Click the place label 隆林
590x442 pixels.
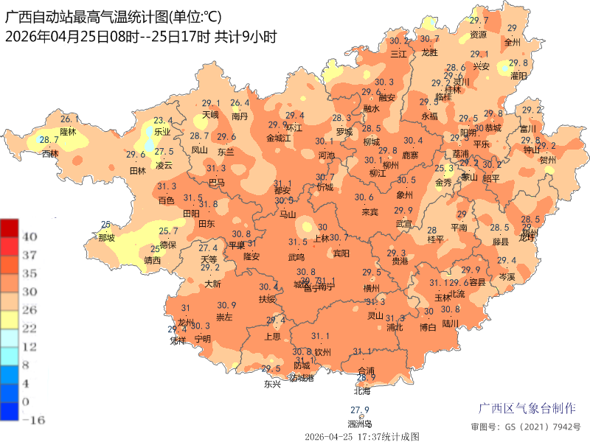[68, 131]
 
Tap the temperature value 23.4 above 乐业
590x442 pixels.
[163, 121]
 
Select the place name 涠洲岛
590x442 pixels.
[359, 424]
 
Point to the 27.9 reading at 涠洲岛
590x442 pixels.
[359, 410]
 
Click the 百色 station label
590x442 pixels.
[167, 200]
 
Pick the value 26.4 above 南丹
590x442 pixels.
[240, 103]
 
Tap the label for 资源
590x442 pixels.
[479, 34]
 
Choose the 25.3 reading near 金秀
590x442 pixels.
[444, 169]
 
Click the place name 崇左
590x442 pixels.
[223, 318]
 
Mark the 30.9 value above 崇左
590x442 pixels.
[226, 306]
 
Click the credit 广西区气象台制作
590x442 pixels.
[527, 408]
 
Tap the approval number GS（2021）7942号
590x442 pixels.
[525, 427]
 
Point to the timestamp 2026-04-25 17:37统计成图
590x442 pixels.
[361, 436]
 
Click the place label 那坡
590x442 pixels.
[106, 237]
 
